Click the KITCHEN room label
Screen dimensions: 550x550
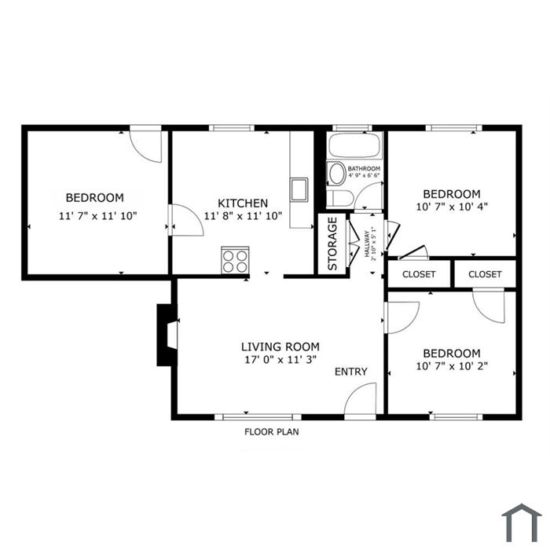click(243, 203)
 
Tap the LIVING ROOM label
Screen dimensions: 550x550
click(280, 346)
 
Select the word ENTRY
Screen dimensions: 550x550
click(350, 372)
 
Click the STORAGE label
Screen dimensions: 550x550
click(332, 244)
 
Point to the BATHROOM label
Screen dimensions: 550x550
click(364, 169)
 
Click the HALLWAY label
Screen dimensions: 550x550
click(367, 244)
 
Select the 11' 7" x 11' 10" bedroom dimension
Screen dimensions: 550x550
click(98, 216)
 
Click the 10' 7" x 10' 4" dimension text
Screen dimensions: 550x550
click(452, 207)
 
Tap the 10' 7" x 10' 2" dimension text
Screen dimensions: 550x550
click(452, 366)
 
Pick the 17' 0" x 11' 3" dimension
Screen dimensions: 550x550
click(280, 360)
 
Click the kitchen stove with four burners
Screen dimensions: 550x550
click(235, 261)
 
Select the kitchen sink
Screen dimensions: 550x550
click(299, 190)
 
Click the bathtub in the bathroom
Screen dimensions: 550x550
click(354, 145)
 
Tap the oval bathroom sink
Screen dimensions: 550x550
click(337, 174)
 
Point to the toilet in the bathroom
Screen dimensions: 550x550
click(340, 199)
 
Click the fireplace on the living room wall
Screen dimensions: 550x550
click(167, 335)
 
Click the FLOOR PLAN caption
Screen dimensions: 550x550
click(272, 432)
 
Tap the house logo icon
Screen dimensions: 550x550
click(521, 522)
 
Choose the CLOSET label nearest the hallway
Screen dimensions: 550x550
click(419, 274)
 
